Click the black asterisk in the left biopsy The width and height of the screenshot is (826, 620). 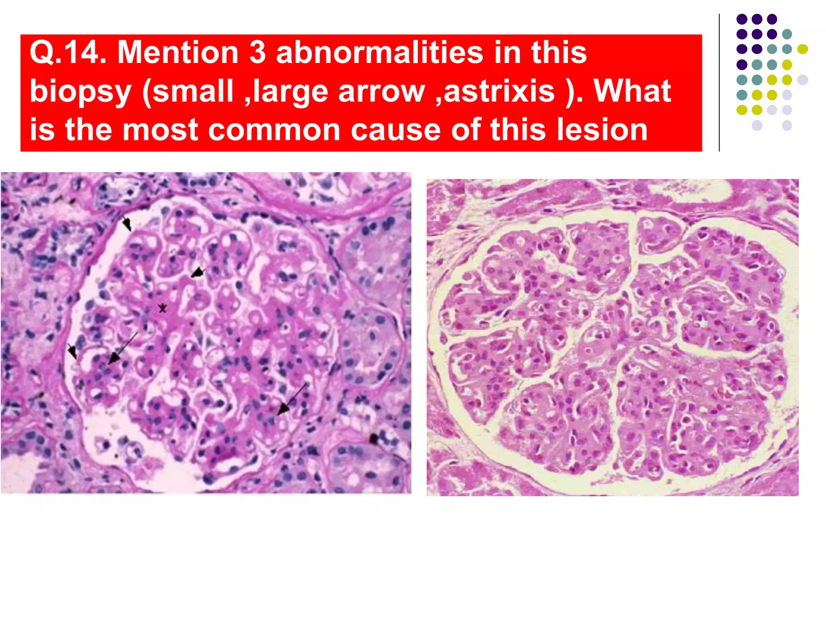[x=162, y=309]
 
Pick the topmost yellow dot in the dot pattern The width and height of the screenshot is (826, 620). [x=803, y=49]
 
